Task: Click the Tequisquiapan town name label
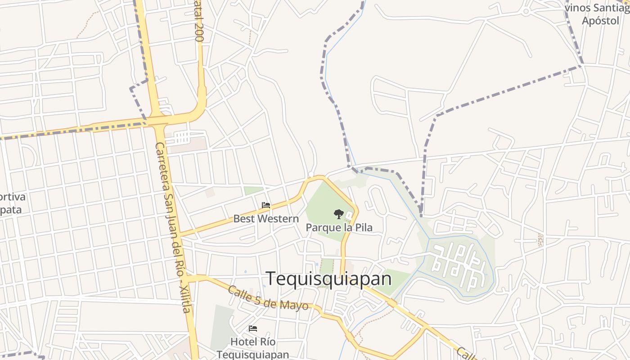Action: tap(328, 279)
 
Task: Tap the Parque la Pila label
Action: tap(339, 227)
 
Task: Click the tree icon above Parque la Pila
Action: tap(338, 214)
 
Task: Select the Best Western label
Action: tap(265, 219)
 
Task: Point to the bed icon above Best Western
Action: tap(266, 205)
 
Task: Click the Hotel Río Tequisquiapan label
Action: tap(252, 348)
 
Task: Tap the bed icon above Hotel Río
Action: tap(253, 328)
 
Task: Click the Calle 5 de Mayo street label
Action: tap(268, 298)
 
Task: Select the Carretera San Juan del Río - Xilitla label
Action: tap(175, 227)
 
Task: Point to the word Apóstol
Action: tap(600, 21)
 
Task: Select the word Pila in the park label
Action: tap(363, 227)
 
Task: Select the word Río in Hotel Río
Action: tap(267, 342)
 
